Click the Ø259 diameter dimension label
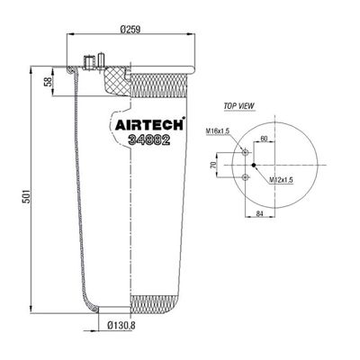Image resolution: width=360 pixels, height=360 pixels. click(130, 29)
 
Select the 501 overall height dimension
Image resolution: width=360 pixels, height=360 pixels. click(27, 196)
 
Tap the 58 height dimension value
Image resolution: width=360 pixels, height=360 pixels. click(48, 82)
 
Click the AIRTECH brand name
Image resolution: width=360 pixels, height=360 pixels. click(148, 125)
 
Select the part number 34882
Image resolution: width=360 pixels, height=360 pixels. click(149, 139)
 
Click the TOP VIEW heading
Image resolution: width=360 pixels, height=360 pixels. click(238, 106)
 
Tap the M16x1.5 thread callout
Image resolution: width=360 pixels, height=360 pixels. click(218, 131)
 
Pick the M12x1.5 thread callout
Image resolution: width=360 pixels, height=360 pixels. click(281, 180)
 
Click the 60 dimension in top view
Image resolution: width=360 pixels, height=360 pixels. click(264, 139)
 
